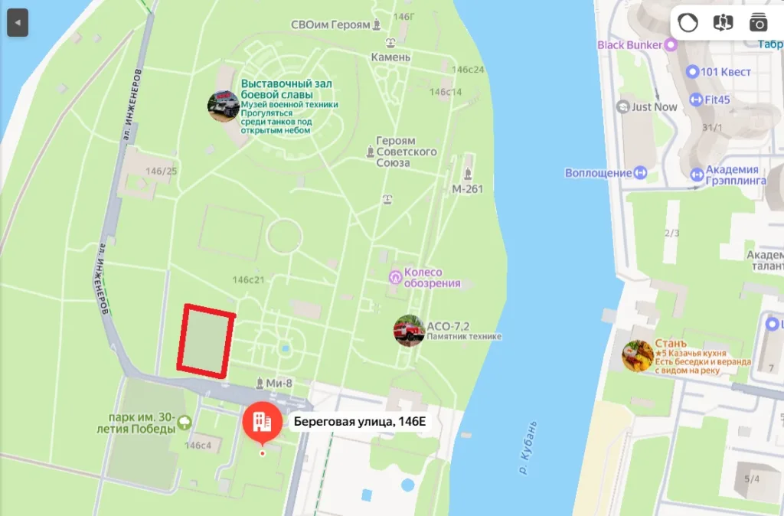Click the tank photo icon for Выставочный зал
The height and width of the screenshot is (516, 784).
(224, 106)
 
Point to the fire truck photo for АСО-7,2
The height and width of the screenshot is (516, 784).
(409, 331)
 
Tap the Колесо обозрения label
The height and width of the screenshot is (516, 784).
(433, 278)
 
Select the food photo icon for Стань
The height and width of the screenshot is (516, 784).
(637, 356)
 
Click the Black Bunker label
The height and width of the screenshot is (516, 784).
(629, 45)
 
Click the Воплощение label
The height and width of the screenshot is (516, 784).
(598, 173)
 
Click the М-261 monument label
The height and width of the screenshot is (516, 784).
(468, 188)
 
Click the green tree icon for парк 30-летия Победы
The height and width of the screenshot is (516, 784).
(184, 422)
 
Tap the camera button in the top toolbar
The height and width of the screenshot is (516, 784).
(758, 23)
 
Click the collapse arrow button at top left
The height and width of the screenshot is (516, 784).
(17, 23)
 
